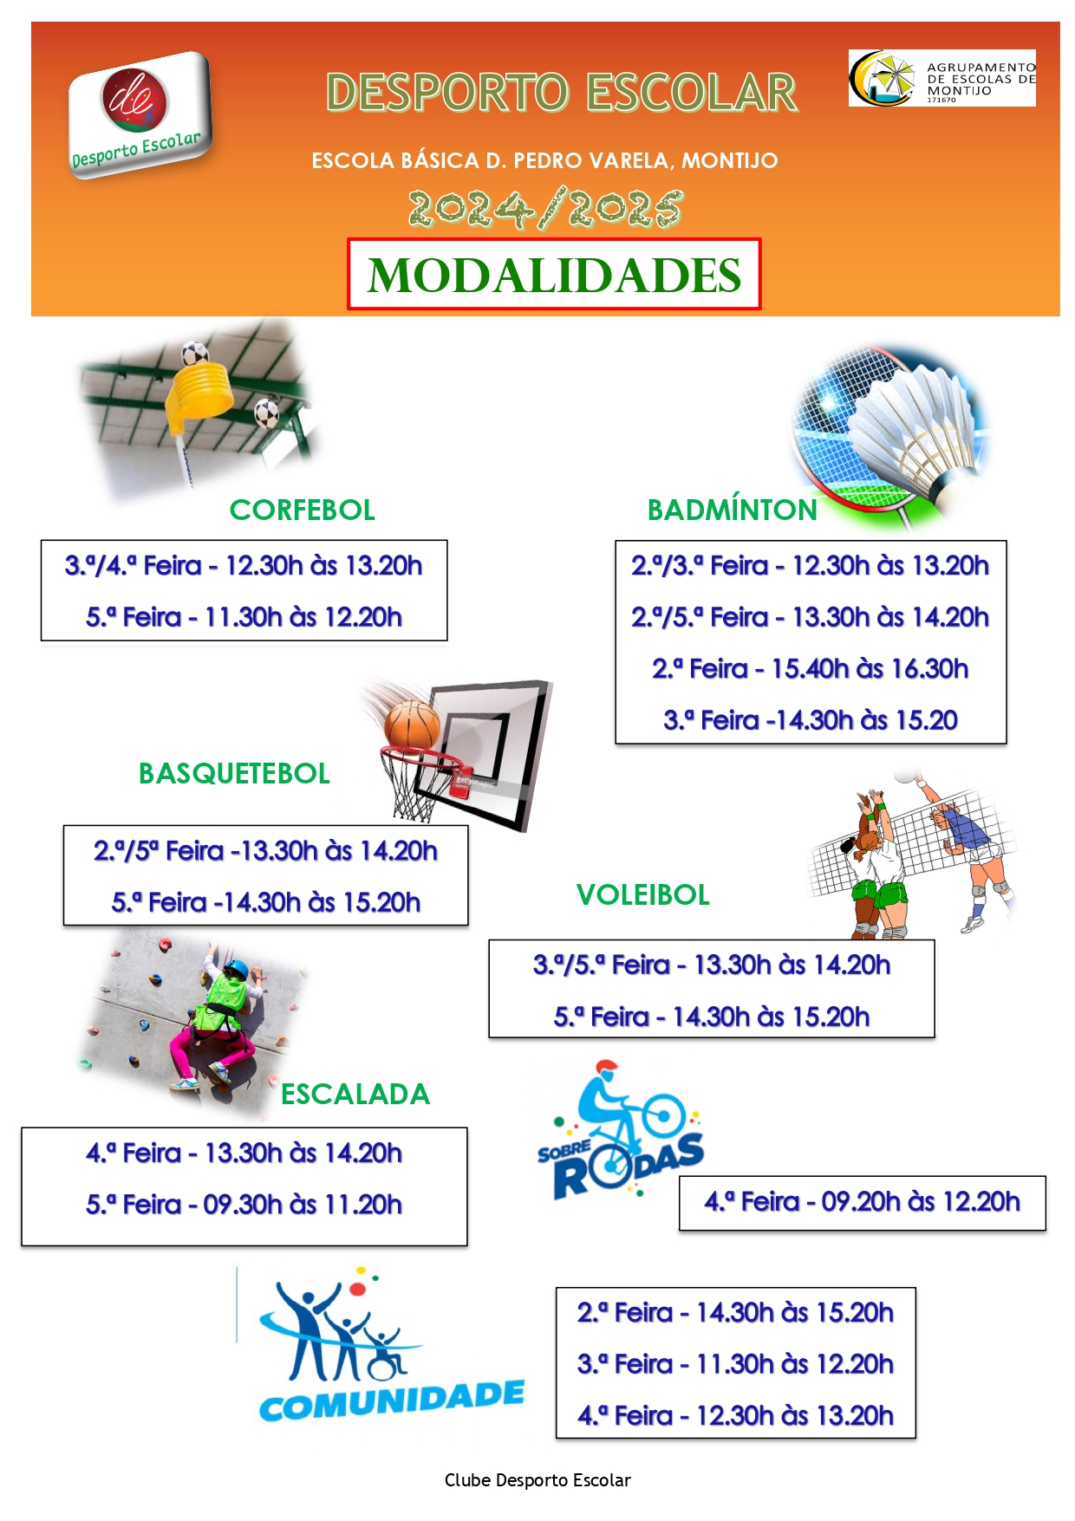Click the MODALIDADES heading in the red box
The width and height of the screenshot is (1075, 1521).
[x=554, y=276]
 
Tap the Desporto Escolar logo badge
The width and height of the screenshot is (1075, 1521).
[x=140, y=114]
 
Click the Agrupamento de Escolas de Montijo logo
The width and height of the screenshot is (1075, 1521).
[x=941, y=78]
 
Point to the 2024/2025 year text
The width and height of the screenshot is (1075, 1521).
[x=545, y=209]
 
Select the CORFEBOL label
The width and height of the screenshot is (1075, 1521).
[x=302, y=510]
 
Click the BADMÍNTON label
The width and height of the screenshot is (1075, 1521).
[x=733, y=510]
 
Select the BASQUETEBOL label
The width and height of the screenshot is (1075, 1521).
[x=234, y=773]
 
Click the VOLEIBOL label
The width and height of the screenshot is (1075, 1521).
[x=643, y=894]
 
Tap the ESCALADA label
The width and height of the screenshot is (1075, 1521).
[x=355, y=1094]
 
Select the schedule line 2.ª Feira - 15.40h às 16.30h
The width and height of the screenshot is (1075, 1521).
[x=810, y=669]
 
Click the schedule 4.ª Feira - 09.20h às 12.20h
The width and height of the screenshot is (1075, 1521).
[x=862, y=1202]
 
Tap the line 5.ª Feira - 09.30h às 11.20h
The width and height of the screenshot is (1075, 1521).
[x=244, y=1205]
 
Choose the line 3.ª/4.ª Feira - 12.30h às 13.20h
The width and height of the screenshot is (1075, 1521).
[x=244, y=566]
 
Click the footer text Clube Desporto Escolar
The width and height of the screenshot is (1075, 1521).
[x=537, y=1480]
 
